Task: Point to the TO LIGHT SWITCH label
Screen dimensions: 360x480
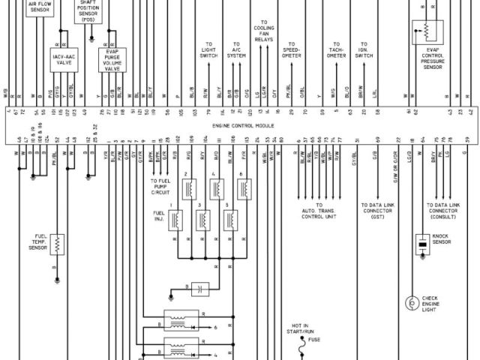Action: pos(208,50)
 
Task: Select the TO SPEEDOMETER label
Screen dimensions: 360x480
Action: pos(291,50)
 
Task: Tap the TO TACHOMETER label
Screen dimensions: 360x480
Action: pos(337,50)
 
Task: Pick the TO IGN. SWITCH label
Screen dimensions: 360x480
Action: pos(364,50)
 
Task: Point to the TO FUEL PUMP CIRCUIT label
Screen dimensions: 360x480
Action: pos(161,187)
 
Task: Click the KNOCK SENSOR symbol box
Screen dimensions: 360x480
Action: pos(421,243)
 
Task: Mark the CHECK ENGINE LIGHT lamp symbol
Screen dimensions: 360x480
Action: pos(411,302)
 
